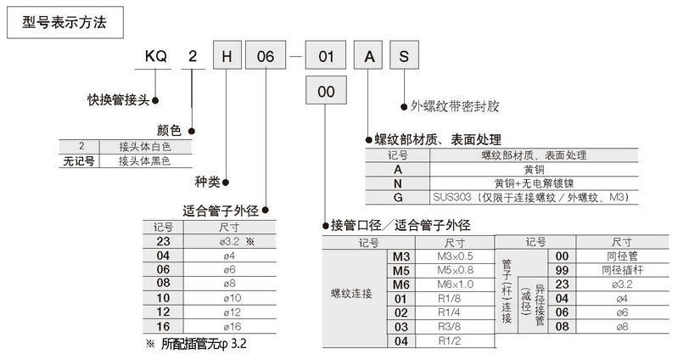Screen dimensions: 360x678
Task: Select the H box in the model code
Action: click(227, 58)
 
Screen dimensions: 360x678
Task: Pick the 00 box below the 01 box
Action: click(325, 92)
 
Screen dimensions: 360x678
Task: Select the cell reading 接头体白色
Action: click(144, 145)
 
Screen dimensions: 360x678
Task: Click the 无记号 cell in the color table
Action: click(81, 159)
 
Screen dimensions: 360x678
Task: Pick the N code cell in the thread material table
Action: click(397, 183)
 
